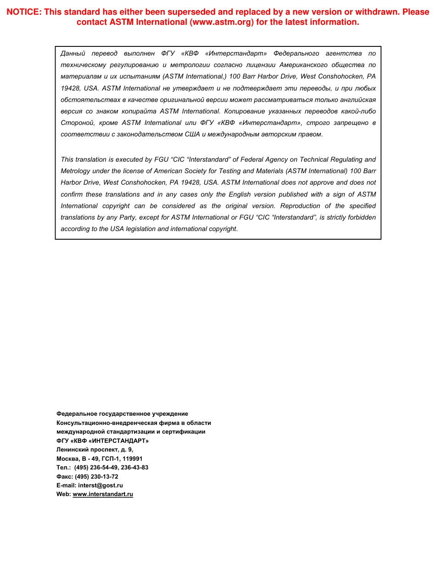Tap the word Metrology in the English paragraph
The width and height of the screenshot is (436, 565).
pos(75,171)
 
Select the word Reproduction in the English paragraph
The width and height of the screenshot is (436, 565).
pos(300,206)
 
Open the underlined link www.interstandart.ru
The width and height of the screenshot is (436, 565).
pos(103,494)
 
